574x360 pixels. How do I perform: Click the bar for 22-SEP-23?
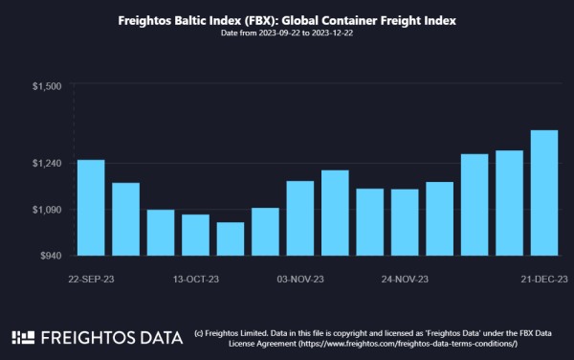91,208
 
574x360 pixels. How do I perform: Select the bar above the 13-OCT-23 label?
195,235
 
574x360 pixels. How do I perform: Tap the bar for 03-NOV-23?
299,218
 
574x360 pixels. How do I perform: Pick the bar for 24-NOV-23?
405,222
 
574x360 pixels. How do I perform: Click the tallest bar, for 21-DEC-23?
544,192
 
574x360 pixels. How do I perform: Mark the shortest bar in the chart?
231,238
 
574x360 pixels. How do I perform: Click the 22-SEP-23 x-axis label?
92,279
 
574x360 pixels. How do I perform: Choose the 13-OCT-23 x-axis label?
196,279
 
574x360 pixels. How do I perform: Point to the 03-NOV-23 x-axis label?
300,279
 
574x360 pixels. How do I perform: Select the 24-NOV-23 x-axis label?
405,279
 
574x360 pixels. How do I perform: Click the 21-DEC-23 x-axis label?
544,279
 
